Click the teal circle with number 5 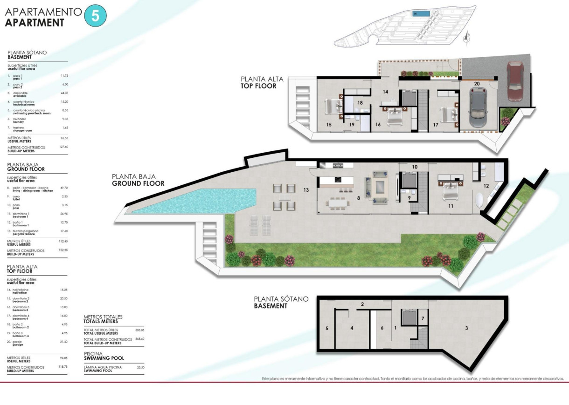point(95,16)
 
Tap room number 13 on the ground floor point(306,190)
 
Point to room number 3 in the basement point(466,328)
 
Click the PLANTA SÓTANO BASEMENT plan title point(281,302)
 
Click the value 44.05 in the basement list point(64,93)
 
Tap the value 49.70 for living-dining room point(64,188)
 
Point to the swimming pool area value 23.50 point(140,367)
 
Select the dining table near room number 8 point(338,203)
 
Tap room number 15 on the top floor point(329,125)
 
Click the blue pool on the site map point(422,14)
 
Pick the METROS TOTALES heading point(101,319)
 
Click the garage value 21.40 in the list point(64,342)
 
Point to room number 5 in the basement point(327,328)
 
